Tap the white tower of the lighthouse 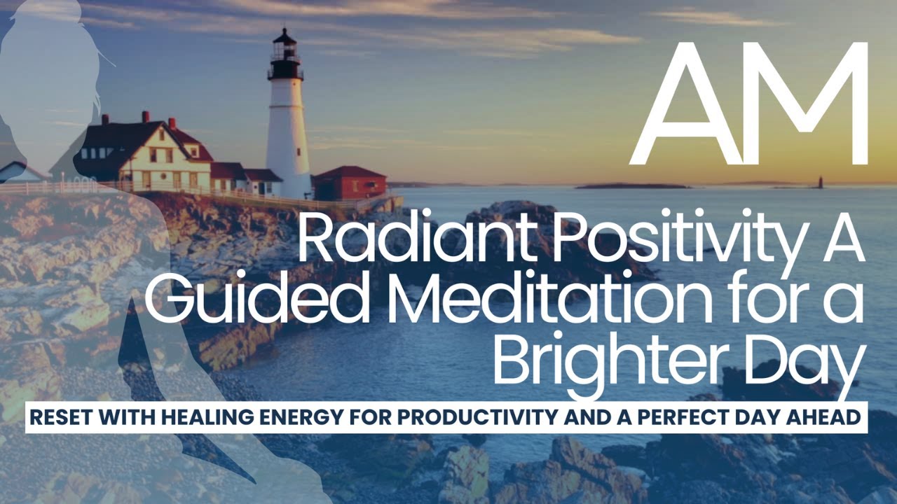[x=287, y=133]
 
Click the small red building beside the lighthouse [x=349, y=184]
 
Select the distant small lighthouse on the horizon [x=820, y=183]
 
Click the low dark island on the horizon [x=631, y=185]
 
